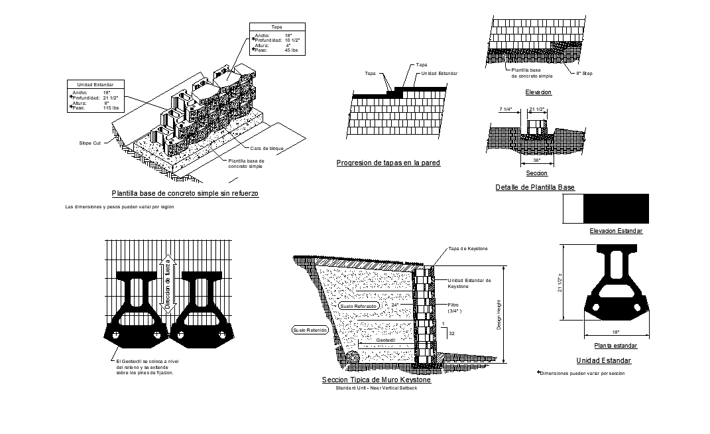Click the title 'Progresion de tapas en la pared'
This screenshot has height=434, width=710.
click(388, 163)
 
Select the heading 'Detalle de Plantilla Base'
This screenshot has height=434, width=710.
click(535, 188)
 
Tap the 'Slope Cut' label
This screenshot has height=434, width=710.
click(89, 143)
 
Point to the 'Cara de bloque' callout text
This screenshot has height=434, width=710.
click(268, 148)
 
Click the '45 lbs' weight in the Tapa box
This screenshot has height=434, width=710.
click(292, 50)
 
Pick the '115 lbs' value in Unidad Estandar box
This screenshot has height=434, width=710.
click(111, 108)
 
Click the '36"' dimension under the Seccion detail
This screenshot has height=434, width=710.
click(536, 160)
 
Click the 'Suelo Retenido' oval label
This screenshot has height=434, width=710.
click(310, 330)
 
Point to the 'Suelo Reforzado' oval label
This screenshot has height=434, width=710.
click(357, 307)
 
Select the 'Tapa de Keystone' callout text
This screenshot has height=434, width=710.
click(467, 248)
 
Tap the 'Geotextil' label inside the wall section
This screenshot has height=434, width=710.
click(385, 339)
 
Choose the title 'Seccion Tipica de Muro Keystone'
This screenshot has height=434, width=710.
click(376, 380)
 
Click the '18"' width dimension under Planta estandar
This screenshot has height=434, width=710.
click(615, 332)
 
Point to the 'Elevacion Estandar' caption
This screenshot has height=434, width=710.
click(616, 231)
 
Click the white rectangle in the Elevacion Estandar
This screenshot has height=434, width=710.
click(573, 208)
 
